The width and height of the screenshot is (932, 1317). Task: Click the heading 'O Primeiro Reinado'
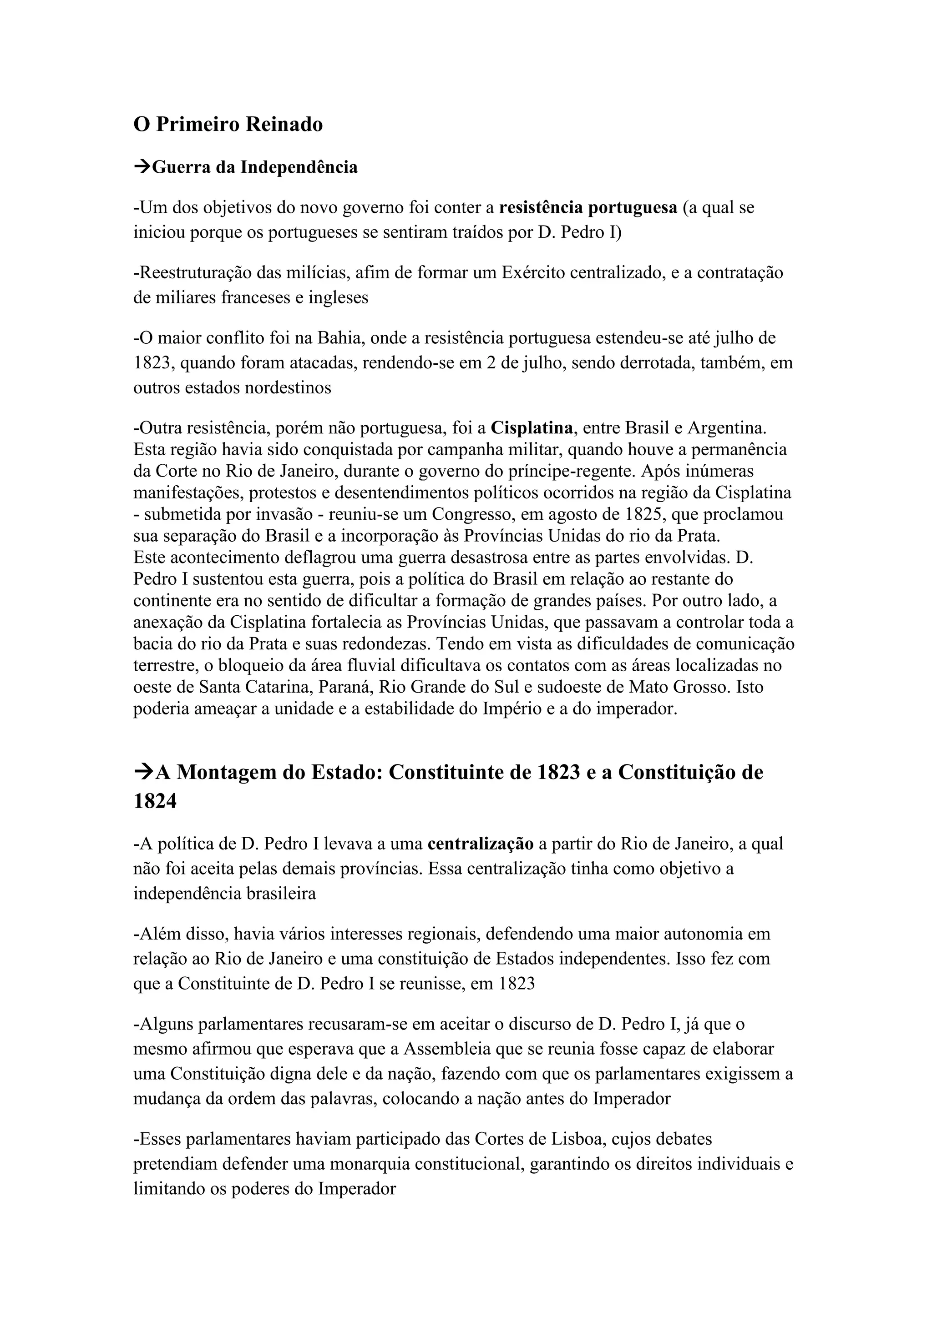(x=228, y=125)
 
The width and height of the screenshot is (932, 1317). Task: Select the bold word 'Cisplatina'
(x=532, y=427)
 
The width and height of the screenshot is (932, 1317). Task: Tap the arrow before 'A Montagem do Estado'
(x=143, y=772)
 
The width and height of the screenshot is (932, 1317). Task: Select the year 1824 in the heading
(x=155, y=801)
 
